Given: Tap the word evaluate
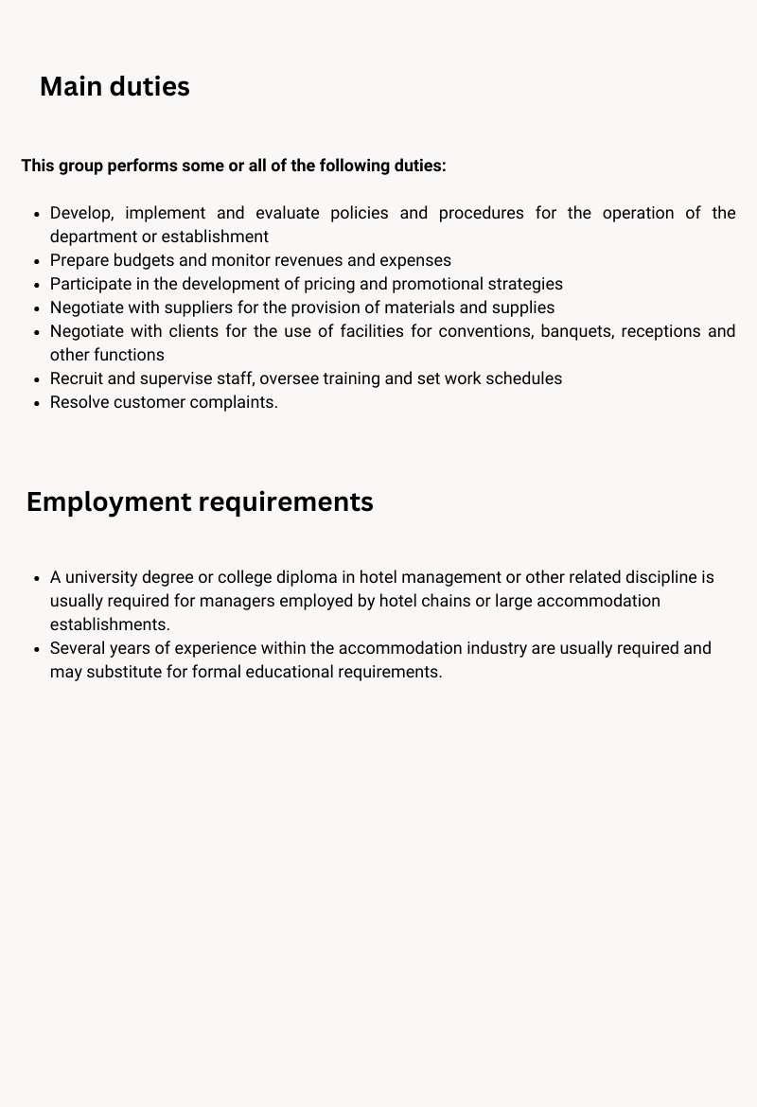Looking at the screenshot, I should pyautogui.click(x=288, y=213).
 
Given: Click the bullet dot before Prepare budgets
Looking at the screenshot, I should pyautogui.click(x=36, y=260).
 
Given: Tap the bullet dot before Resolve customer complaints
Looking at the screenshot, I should pyautogui.click(x=36, y=402).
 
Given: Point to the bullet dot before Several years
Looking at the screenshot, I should pyautogui.click(x=36, y=648).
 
